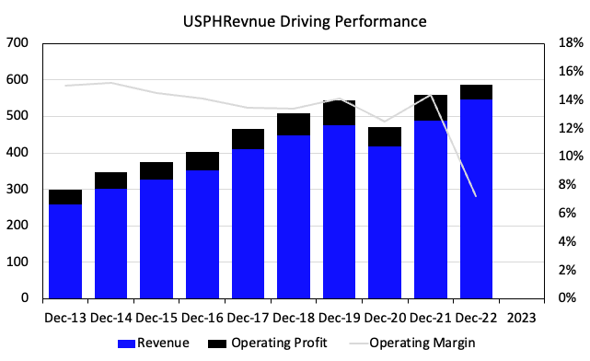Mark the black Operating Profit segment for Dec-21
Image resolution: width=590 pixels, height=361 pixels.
coord(430,108)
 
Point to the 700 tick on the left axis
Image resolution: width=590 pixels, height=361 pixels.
coord(17,43)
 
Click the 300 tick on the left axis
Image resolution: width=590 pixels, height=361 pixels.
coord(17,189)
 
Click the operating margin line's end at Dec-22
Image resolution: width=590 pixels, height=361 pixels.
coord(475,195)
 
